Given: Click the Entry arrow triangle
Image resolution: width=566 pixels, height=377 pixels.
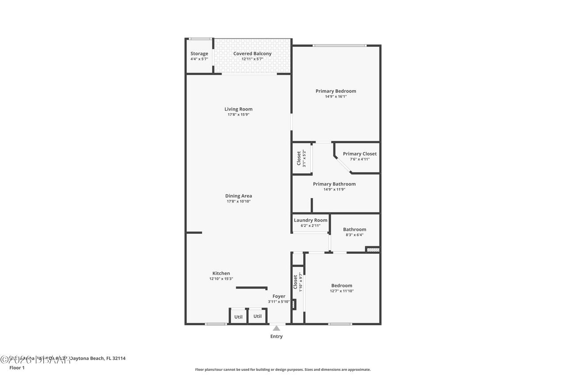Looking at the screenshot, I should pos(276,328).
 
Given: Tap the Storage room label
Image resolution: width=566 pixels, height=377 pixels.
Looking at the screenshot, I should pos(199,53).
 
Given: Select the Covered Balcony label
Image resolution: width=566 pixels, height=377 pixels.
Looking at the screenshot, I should pos(252,53).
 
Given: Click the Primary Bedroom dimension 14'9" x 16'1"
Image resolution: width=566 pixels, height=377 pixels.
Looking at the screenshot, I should pos(336,96).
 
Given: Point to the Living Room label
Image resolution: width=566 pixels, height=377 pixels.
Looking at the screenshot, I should pos(238,109).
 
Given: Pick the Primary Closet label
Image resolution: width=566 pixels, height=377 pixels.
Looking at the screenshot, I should pos(359,154).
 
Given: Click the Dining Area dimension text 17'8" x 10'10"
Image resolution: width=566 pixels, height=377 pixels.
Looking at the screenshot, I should pos(238,202).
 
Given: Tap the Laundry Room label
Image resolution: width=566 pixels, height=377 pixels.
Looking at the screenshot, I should pos(310,220).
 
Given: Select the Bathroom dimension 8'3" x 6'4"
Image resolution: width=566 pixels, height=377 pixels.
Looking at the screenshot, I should pos(354,235).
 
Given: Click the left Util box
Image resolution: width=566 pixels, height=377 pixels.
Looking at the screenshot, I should pos(238,316).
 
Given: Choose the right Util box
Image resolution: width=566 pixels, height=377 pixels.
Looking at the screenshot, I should pos(257,316).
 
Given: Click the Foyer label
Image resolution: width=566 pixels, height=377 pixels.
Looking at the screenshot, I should pos(279,296).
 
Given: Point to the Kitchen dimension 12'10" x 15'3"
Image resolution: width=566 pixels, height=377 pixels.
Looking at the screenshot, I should pos(221,279).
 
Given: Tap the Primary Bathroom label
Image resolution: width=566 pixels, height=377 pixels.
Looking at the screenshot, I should pos(334,184).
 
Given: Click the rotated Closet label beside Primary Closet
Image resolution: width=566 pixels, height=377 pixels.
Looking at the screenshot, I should pos(299,158).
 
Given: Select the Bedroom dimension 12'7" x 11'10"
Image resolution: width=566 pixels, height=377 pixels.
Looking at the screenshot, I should pos(341,291).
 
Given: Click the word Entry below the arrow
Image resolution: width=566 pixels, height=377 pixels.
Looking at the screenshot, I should pos(276,336).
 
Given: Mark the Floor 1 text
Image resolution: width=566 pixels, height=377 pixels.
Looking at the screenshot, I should pos(17,367).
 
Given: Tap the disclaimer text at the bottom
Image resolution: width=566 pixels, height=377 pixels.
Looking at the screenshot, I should pos(283,369).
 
